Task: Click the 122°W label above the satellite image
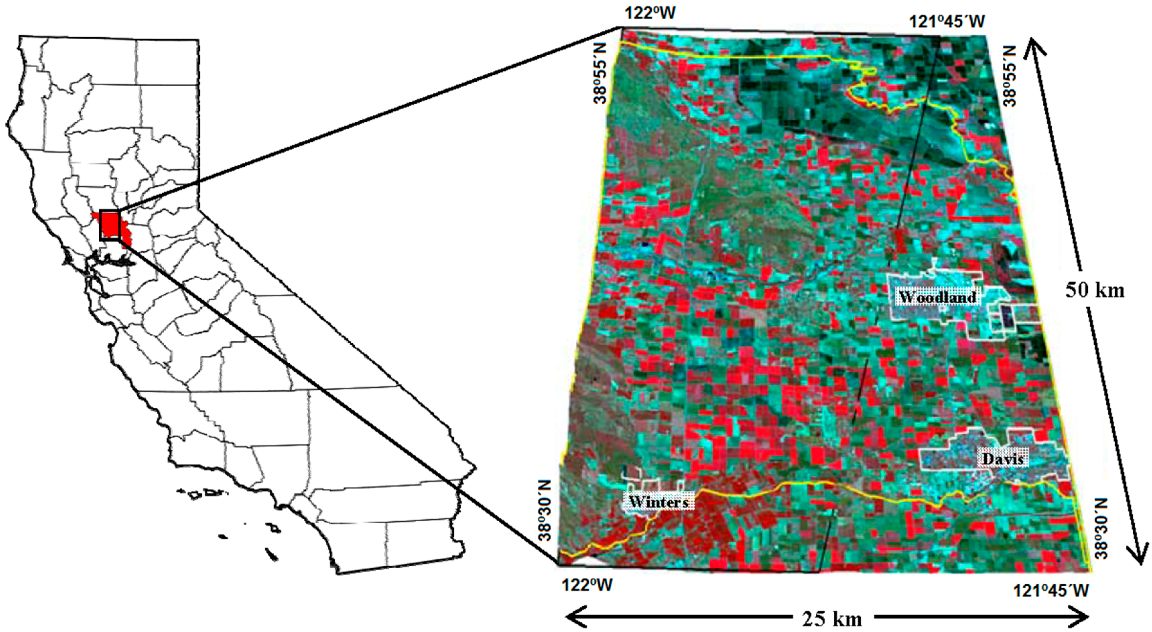649,14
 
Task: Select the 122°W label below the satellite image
587,585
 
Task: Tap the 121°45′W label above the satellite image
947,21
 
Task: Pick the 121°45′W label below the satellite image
1051,590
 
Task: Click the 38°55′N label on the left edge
600,73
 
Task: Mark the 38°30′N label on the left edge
546,511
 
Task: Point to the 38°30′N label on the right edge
1101,529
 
